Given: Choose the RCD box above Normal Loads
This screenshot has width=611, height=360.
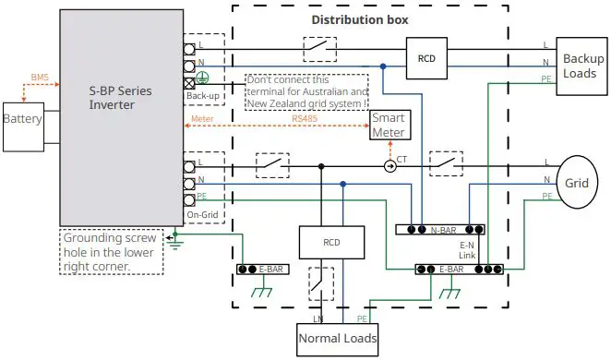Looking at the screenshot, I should tap(320, 243).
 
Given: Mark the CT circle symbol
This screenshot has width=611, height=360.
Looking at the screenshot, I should tap(389, 166).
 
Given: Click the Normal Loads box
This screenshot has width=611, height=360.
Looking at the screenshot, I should tap(337, 339).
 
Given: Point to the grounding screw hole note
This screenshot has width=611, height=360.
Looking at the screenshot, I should tap(110, 251).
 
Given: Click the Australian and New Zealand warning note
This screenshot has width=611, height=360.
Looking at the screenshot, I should tap(305, 93).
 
